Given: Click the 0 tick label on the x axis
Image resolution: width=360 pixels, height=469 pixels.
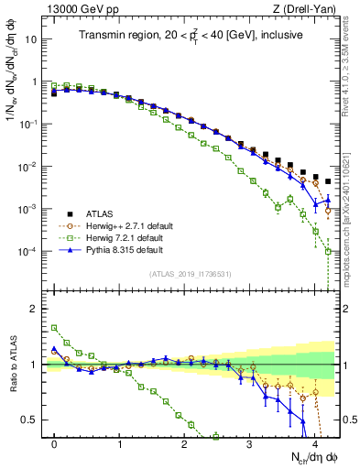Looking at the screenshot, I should (55, 443).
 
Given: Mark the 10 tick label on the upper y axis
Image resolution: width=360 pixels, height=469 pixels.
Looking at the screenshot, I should (35, 39).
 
